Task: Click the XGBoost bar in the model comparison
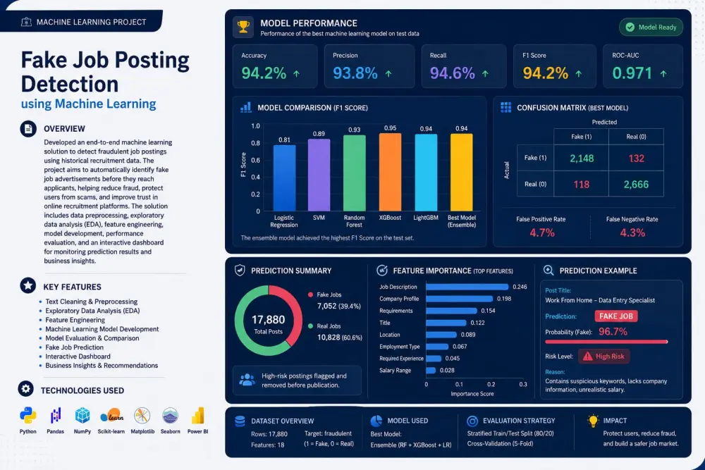(390, 172)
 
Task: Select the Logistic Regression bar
(284, 178)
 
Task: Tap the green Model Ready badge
(651, 27)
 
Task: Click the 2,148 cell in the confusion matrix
(582, 158)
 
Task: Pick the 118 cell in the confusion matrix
(582, 184)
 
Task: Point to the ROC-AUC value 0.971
(632, 73)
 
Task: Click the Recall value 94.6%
(452, 73)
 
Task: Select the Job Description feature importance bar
(467, 287)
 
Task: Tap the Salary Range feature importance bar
(431, 370)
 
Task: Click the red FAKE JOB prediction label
(616, 316)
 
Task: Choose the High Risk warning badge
(604, 357)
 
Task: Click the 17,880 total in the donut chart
(269, 319)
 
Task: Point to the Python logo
(28, 416)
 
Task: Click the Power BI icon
(198, 416)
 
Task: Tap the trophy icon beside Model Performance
(243, 27)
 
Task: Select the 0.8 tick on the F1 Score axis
(255, 143)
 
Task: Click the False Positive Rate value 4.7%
(541, 233)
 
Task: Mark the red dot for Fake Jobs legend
(310, 295)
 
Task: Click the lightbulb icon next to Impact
(593, 421)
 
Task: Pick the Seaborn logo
(171, 416)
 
